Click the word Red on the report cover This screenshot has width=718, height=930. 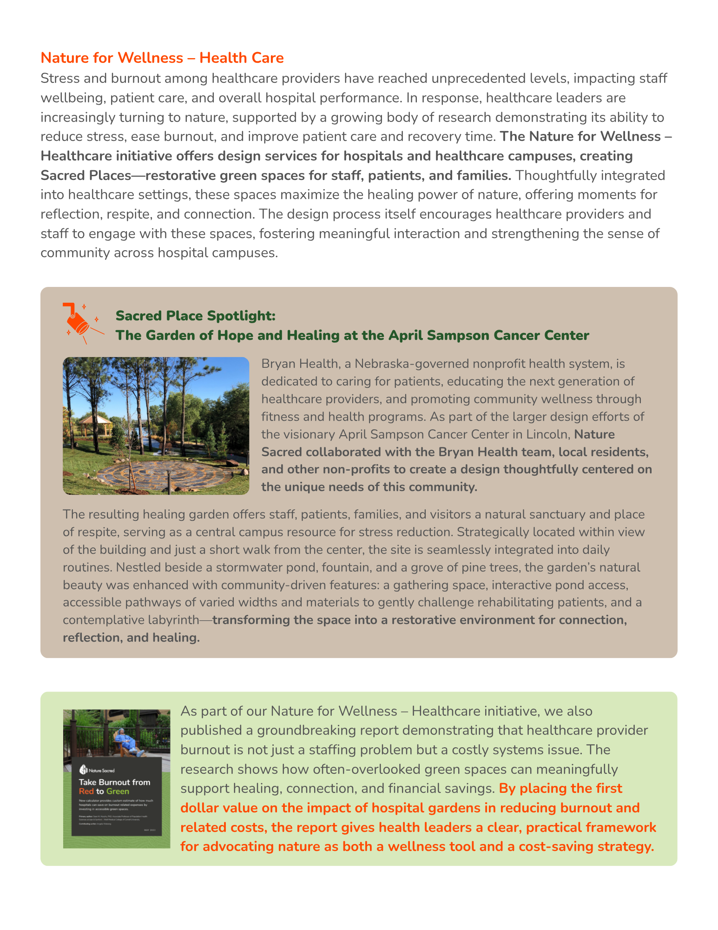(x=86, y=791)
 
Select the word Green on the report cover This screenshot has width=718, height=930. (x=118, y=791)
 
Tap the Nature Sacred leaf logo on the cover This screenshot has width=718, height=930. (x=83, y=770)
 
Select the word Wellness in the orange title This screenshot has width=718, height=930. (x=151, y=58)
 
